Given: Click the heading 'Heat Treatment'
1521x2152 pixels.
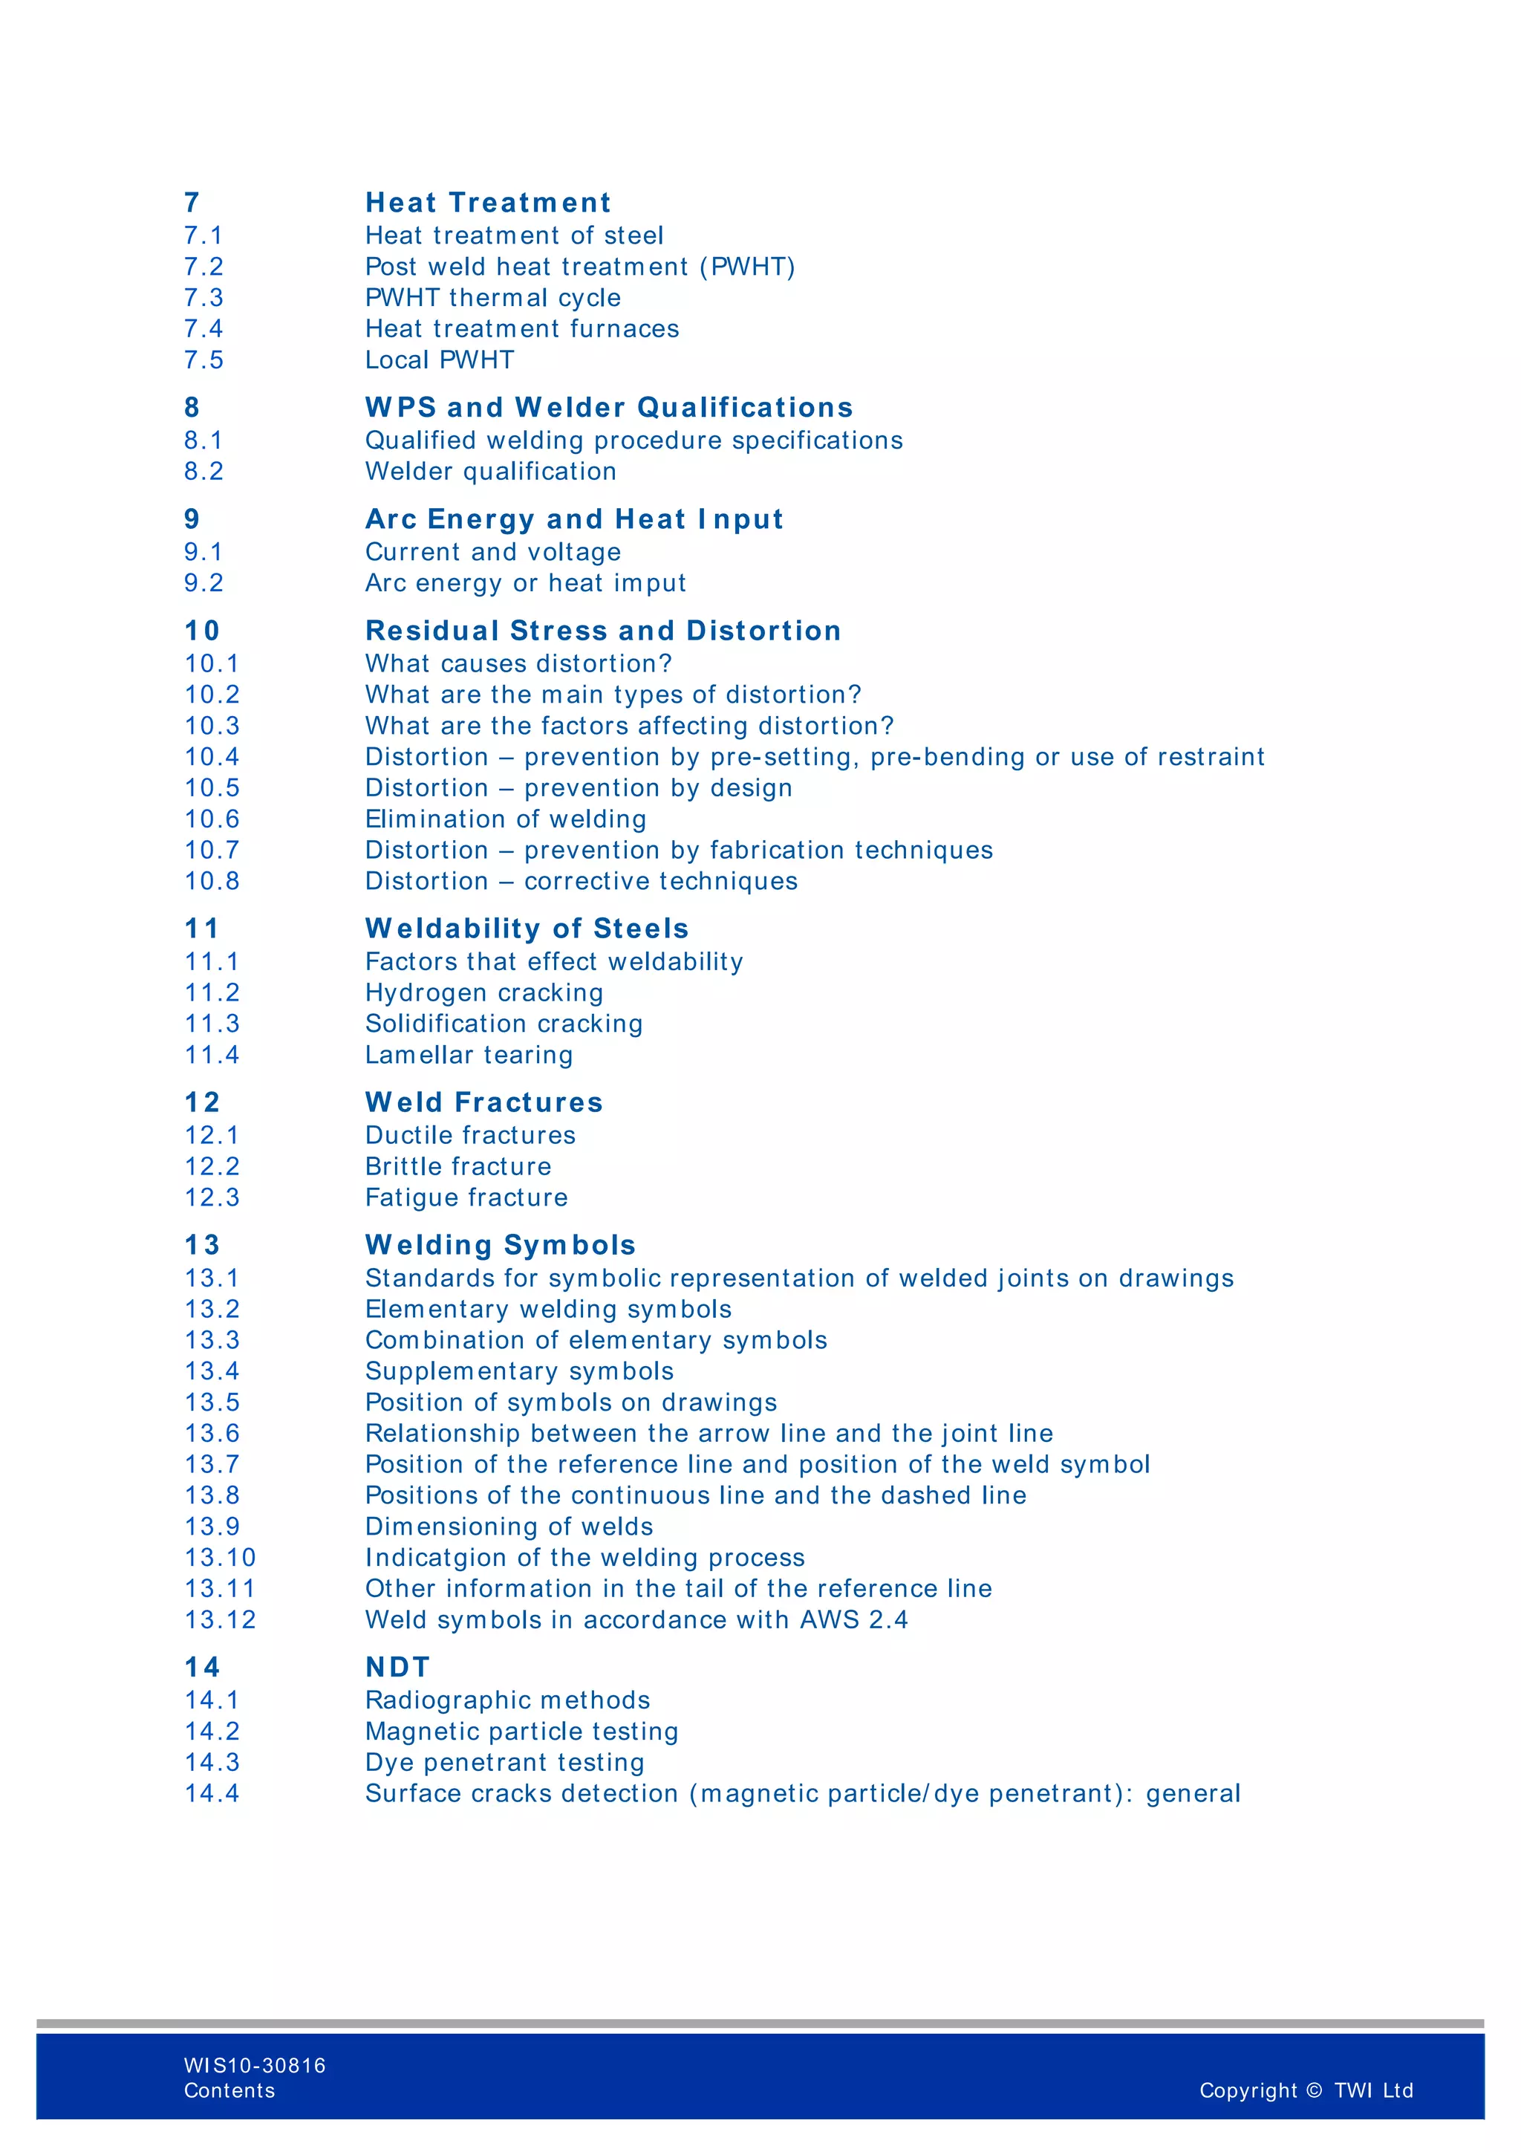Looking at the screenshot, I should [487, 203].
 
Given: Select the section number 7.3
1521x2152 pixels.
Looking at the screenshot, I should [203, 298].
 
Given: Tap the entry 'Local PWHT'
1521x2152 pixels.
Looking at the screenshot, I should [440, 360].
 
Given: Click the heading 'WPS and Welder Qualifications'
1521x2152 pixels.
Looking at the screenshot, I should [609, 408].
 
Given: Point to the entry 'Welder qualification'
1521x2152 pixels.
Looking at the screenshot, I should [490, 472].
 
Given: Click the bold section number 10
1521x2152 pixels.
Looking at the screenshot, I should [201, 631].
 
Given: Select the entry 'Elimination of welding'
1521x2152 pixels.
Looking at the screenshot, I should [505, 819].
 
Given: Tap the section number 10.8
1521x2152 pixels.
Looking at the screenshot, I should [212, 881].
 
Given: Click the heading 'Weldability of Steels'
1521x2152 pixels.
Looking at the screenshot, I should [527, 929].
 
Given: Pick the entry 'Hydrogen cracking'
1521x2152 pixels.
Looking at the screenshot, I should [483, 992].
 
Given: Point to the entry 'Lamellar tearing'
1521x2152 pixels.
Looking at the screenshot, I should [469, 1056].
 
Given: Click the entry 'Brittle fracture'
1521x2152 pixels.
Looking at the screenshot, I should [458, 1167].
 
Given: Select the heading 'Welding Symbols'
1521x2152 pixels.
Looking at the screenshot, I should [501, 1245].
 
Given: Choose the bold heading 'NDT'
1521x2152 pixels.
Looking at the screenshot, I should [397, 1668].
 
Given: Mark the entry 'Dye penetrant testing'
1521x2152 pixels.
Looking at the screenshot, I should [504, 1763].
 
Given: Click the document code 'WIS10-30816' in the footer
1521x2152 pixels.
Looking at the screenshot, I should [255, 2066].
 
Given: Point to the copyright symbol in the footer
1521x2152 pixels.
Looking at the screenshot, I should [1314, 2090].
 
